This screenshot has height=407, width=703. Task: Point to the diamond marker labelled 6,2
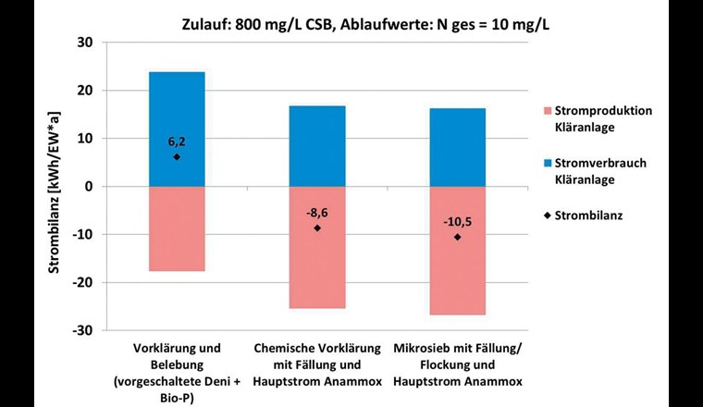coord(177,156)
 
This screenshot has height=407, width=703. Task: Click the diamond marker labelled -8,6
coord(317,228)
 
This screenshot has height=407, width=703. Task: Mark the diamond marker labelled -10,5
coord(457,237)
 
